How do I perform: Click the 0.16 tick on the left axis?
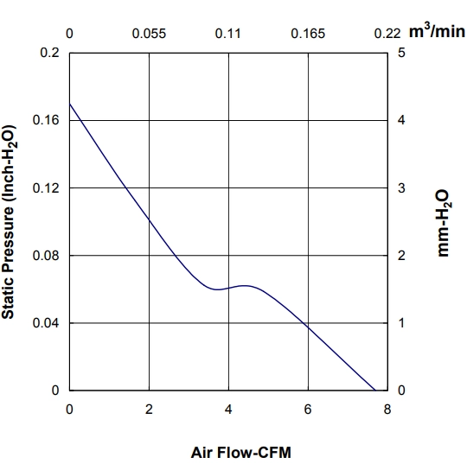click(46, 120)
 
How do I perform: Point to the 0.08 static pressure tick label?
click(46, 256)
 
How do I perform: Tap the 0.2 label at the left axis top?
click(50, 53)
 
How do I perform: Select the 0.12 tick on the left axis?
click(46, 188)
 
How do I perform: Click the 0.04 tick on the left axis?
click(46, 323)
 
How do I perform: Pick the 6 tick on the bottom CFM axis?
click(308, 410)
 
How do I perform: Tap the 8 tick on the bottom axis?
click(387, 410)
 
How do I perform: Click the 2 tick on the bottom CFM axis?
click(149, 410)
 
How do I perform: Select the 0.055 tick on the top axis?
click(149, 34)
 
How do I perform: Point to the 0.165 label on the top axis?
click(308, 34)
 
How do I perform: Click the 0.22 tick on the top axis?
click(387, 34)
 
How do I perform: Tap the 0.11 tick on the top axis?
click(228, 34)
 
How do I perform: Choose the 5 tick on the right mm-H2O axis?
click(401, 53)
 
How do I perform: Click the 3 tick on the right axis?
click(401, 188)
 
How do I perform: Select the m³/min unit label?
click(437, 31)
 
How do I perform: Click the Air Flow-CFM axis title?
click(241, 453)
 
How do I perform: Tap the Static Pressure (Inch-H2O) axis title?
click(9, 222)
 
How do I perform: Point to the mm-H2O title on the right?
click(443, 223)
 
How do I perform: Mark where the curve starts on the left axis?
click(70, 104)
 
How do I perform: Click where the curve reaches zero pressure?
click(375, 391)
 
